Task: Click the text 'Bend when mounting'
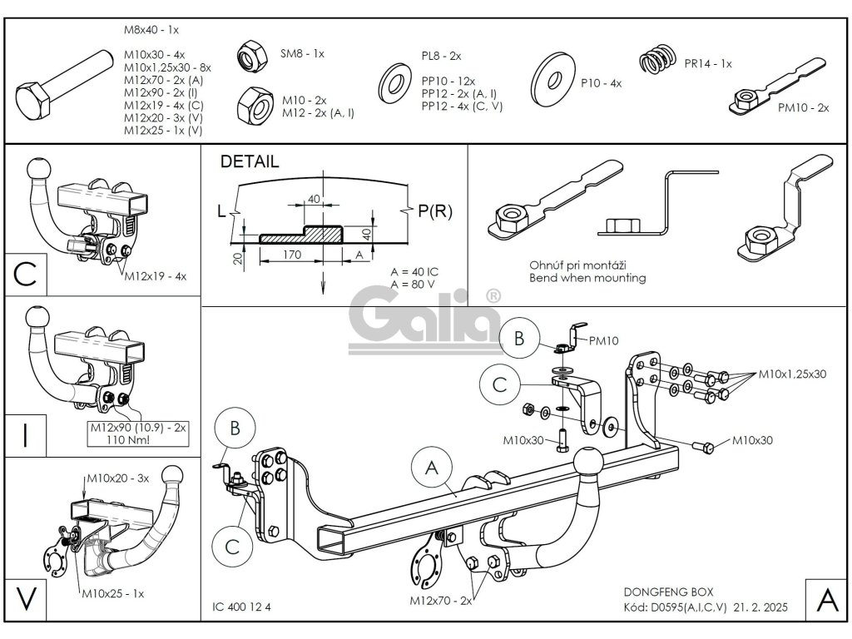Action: tap(587, 278)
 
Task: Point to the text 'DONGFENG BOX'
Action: tap(662, 592)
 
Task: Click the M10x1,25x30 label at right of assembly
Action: tap(792, 374)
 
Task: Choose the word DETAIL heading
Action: tap(250, 162)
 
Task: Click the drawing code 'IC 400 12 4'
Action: tap(236, 606)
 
